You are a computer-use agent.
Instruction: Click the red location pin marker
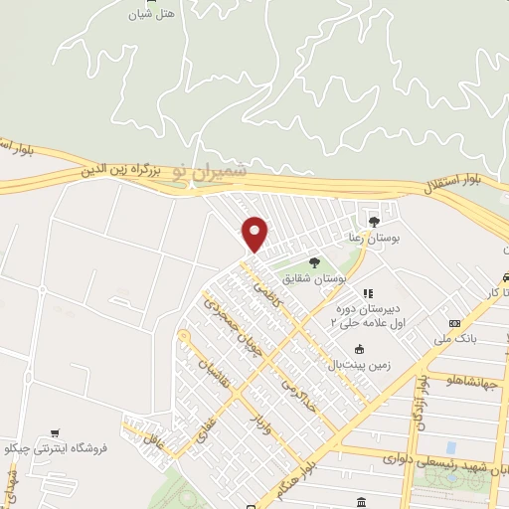pos(255,234)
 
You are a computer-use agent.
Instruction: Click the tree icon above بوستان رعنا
pos(374,222)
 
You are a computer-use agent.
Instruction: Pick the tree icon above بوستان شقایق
pos(314,263)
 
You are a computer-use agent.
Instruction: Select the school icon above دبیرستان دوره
pos(367,293)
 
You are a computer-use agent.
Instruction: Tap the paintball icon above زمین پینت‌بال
pos(359,349)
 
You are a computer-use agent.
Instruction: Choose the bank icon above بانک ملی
pos(455,323)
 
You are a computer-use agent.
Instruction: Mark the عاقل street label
pos(151,439)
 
